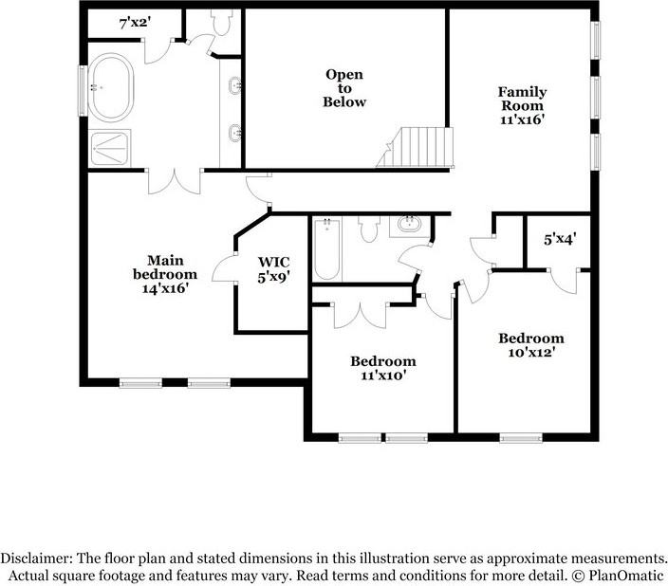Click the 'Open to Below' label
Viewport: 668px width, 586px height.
point(344,88)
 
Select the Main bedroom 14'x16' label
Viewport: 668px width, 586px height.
point(165,274)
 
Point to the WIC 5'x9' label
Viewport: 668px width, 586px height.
point(274,268)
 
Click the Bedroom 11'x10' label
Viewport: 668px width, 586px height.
point(383,368)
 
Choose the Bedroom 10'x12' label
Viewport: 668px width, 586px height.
point(531,345)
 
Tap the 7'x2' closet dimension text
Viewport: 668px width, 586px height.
point(135,22)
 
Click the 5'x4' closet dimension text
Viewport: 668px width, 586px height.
point(560,240)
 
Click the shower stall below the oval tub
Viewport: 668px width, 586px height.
point(113,147)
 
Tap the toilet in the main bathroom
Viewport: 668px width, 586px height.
point(223,21)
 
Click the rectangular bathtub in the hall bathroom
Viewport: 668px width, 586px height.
point(326,248)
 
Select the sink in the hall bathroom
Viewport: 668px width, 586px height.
point(409,226)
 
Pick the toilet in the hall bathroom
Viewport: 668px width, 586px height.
point(368,229)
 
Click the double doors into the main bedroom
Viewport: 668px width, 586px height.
point(175,180)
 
